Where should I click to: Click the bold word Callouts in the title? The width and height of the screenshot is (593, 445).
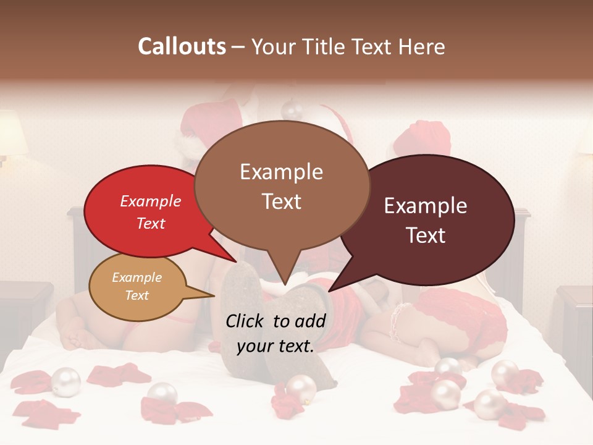pos(182,46)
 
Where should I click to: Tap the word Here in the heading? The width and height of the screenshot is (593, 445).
pos(422,46)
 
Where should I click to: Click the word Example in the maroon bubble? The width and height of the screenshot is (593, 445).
pos(426,206)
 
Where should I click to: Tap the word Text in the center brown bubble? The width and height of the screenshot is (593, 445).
pos(282,201)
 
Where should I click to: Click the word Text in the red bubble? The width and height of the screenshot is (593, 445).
pos(151,224)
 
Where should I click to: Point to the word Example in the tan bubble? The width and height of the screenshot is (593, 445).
pos(137,278)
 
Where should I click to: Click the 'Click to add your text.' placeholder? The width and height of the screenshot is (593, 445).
pos(275,334)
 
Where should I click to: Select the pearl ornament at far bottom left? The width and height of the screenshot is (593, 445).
pos(65,381)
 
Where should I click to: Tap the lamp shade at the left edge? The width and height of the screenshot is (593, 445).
pos(11,133)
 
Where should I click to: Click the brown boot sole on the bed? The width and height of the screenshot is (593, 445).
pos(244,309)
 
